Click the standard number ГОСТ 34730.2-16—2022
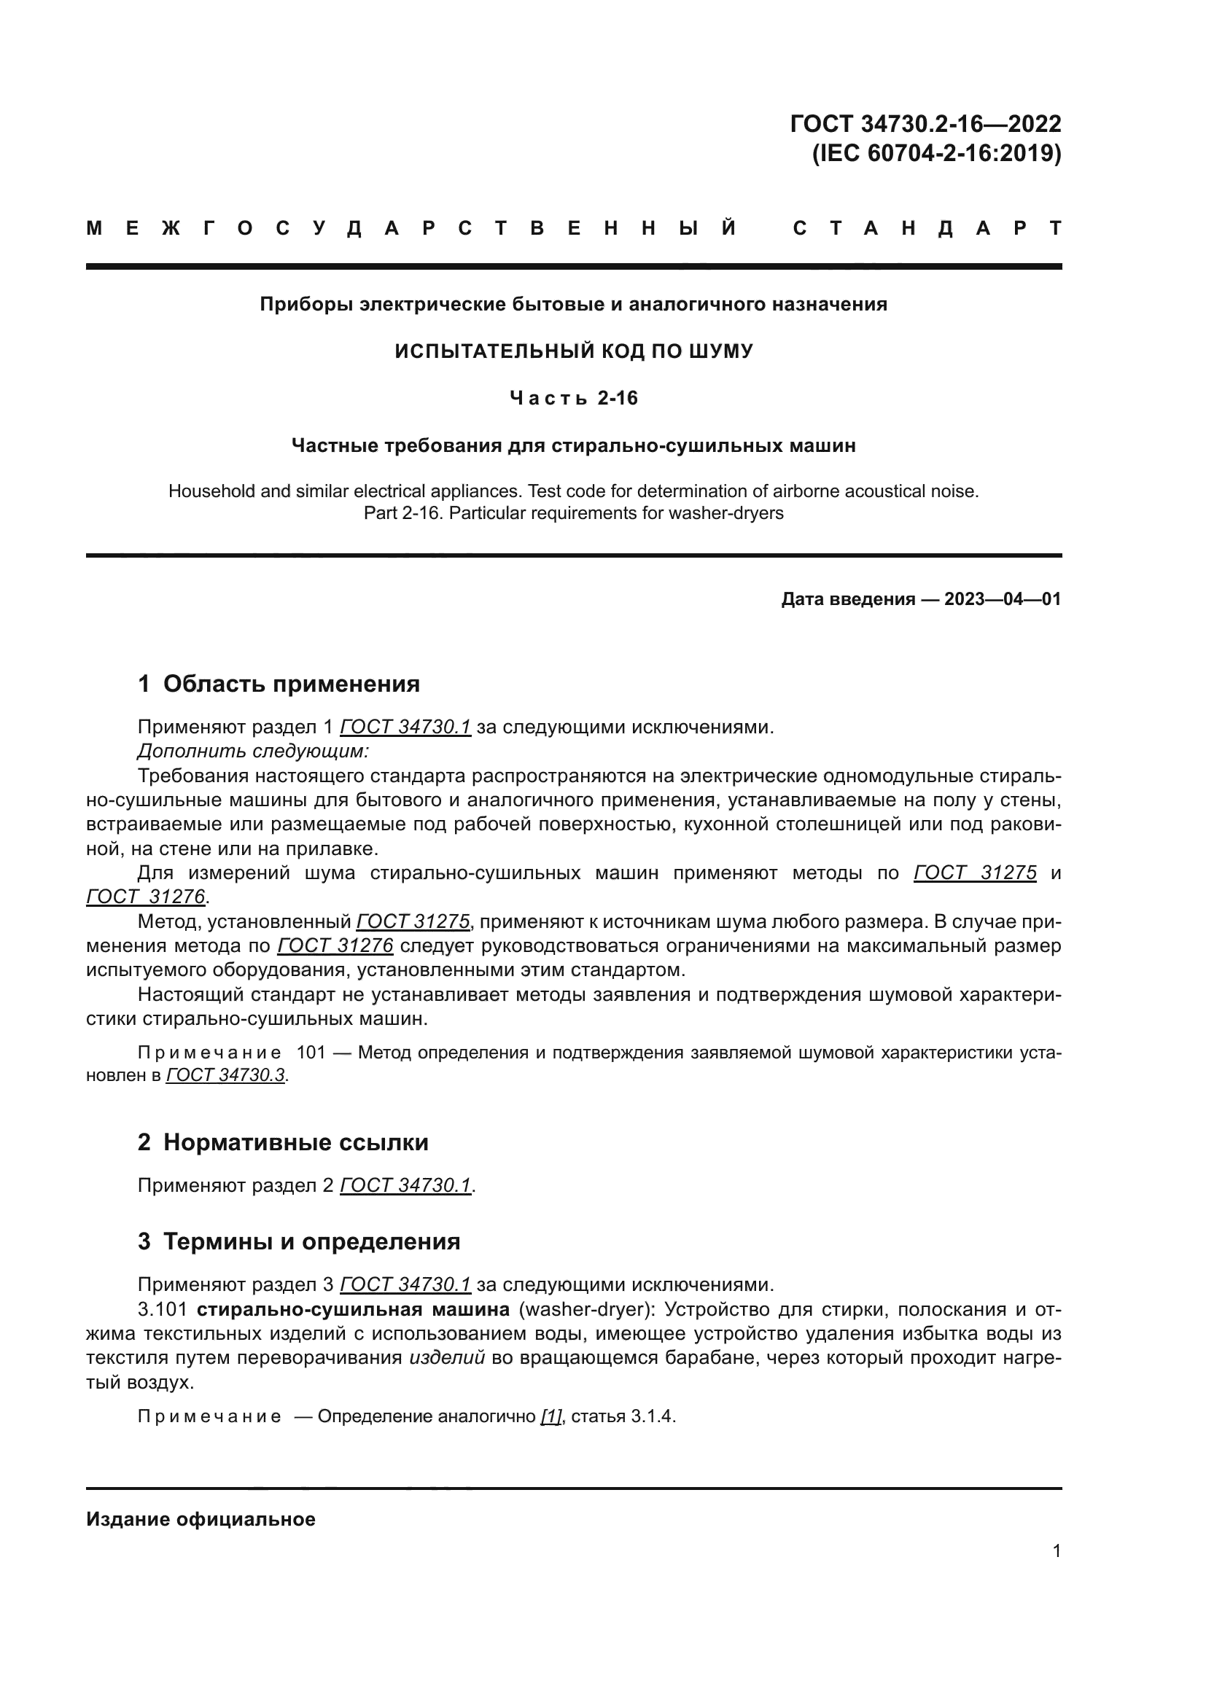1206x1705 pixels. [925, 123]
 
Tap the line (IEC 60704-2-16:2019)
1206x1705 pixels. [936, 154]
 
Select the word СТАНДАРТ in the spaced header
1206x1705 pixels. [927, 229]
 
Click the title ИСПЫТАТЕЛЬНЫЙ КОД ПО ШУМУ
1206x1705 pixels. [573, 351]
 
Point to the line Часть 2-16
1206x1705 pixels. [573, 399]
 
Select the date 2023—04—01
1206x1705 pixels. [1002, 599]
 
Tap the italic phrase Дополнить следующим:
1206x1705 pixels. [253, 751]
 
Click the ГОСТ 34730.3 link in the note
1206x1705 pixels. [225, 1075]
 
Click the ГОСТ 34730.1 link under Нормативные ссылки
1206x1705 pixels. [405, 1186]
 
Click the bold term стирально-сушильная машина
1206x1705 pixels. [353, 1309]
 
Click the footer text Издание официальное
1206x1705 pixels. [201, 1519]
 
